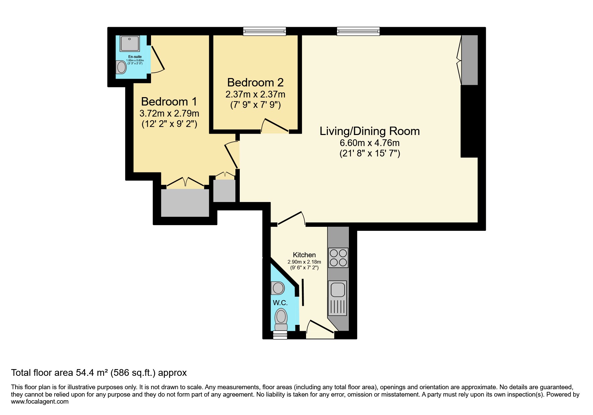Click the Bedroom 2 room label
click(255, 82)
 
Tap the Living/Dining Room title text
click(369, 131)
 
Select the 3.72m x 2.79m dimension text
click(169, 113)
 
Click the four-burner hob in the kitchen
click(338, 257)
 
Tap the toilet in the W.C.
click(281, 319)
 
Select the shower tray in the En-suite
click(130, 44)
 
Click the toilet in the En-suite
click(121, 67)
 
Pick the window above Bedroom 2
click(265, 31)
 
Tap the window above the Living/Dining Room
click(358, 31)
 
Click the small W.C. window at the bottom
click(280, 335)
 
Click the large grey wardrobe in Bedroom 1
click(185, 203)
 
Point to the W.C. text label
click(280, 303)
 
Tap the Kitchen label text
click(304, 255)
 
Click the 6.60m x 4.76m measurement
click(369, 143)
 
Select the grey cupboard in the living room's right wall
click(469, 60)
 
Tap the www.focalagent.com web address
click(40, 402)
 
